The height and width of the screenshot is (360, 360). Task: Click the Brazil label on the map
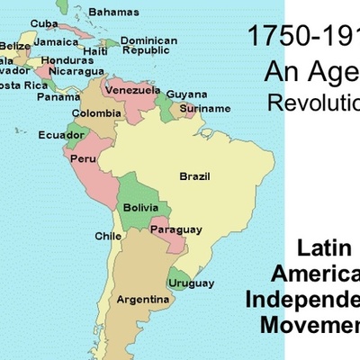[x=195, y=175]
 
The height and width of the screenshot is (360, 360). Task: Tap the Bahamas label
[x=114, y=12]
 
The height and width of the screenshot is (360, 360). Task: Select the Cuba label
[x=44, y=22]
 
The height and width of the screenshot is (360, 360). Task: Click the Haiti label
[x=94, y=51]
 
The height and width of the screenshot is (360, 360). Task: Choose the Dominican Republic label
[x=148, y=46]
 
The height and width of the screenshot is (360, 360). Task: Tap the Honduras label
[x=61, y=60]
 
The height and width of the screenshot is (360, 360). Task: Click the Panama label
[x=58, y=96]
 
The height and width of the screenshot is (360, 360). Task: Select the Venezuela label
[x=132, y=91]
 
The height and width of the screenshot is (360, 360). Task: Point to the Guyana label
[x=186, y=94]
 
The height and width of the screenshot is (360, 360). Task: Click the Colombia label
[x=96, y=114]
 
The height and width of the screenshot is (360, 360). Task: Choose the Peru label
[x=84, y=158]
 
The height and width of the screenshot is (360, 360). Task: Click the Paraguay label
[x=175, y=229]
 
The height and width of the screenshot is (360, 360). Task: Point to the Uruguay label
[x=192, y=283]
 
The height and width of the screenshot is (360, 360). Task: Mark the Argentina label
[x=144, y=298]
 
